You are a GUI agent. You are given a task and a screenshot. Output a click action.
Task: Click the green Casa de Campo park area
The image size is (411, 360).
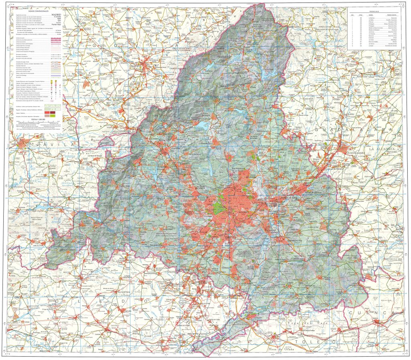click(218, 207)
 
